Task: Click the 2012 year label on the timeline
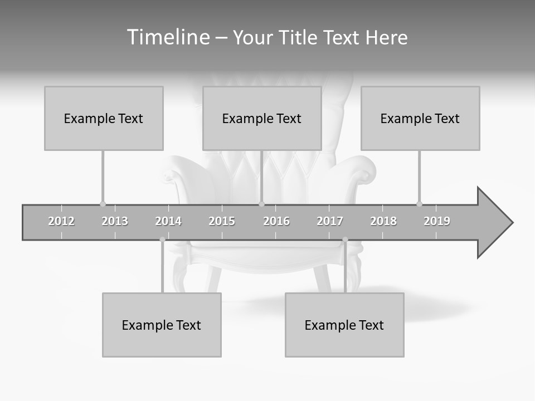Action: tap(61, 221)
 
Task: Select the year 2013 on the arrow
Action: tap(115, 221)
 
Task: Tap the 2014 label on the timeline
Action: tap(168, 221)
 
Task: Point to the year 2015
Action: tap(222, 221)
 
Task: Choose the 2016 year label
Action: tap(276, 221)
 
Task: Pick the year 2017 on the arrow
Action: tap(330, 221)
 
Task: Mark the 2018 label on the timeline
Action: tap(383, 221)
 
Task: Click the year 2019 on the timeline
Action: tap(437, 221)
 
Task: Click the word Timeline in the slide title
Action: tap(167, 37)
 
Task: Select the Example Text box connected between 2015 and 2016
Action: tap(262, 118)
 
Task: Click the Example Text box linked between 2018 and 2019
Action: tap(420, 118)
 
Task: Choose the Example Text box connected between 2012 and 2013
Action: tap(104, 118)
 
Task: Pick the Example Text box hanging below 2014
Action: tap(162, 325)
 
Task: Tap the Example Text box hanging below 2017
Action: tap(344, 325)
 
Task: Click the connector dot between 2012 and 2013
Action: tap(103, 204)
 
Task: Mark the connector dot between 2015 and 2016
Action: tap(262, 204)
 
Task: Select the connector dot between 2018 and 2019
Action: tap(420, 204)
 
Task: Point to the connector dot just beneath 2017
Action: tap(345, 239)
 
